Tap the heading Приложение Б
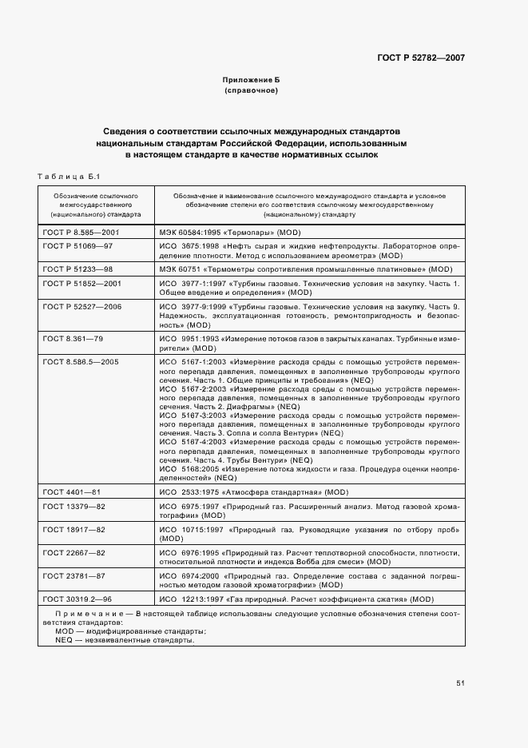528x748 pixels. tap(252, 81)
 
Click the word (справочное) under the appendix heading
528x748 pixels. tap(252, 91)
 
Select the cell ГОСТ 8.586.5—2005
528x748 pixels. tap(81, 362)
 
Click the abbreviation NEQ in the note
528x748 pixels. tap(64, 640)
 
